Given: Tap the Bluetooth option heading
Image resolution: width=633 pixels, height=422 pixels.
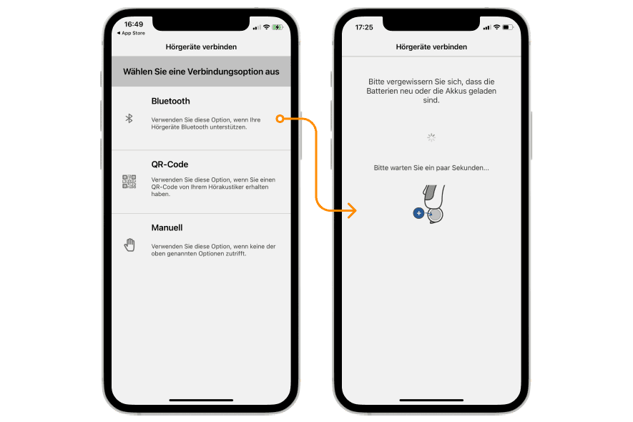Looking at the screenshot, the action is tap(170, 101).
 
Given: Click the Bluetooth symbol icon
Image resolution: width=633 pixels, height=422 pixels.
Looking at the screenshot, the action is tap(129, 118).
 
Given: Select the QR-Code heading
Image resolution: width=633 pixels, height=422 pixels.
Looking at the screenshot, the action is tap(170, 165).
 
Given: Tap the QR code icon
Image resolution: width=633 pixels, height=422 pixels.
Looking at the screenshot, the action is tap(129, 182).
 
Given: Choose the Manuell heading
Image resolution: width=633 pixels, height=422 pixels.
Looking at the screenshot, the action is tap(167, 227).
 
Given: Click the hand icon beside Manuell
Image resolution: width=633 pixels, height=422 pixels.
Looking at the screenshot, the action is tap(129, 245).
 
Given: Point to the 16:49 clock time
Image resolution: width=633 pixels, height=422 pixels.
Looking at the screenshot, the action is tap(134, 24).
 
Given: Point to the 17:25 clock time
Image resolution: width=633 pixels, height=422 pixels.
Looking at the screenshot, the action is tap(364, 27).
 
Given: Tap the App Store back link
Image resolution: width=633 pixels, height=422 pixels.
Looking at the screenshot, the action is tap(131, 33).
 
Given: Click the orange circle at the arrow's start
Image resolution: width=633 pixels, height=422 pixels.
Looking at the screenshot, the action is tap(280, 119).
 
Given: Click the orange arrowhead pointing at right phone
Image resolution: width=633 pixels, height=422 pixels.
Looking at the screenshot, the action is tap(352, 210).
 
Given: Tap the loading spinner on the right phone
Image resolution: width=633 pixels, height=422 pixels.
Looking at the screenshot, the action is tap(431, 138).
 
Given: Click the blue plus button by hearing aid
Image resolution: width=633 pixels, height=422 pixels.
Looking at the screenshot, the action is tap(418, 213).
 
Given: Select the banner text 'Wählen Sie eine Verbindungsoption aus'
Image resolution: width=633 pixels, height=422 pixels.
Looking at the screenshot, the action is tap(201, 72).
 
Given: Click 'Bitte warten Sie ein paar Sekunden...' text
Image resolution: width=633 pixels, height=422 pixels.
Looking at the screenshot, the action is tap(431, 167).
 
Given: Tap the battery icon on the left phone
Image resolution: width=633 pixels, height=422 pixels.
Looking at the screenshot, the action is tap(278, 27).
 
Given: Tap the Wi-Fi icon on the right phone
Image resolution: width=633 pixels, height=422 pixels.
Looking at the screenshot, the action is tap(496, 27).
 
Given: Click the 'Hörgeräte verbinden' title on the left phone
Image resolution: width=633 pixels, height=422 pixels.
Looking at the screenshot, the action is tap(201, 46).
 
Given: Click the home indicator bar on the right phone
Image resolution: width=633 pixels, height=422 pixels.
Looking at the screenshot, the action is tap(431, 401).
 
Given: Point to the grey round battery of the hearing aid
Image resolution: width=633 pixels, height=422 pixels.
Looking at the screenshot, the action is tap(436, 215).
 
